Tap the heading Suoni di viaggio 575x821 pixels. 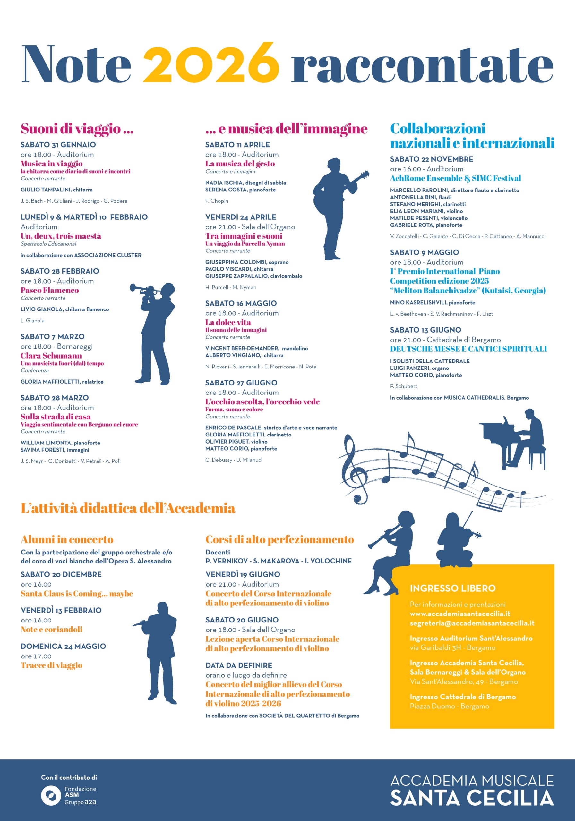(x=77, y=128)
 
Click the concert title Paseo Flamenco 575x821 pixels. (x=49, y=290)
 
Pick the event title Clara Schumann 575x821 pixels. (x=51, y=356)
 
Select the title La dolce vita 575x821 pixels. (x=228, y=323)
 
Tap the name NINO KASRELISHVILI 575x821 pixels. (x=418, y=302)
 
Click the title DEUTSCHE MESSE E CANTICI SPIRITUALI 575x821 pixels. (x=468, y=349)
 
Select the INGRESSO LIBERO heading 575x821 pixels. (x=452, y=588)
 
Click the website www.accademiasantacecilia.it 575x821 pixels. (x=460, y=614)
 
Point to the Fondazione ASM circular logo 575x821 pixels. (x=51, y=796)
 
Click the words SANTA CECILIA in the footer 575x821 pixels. (x=472, y=799)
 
